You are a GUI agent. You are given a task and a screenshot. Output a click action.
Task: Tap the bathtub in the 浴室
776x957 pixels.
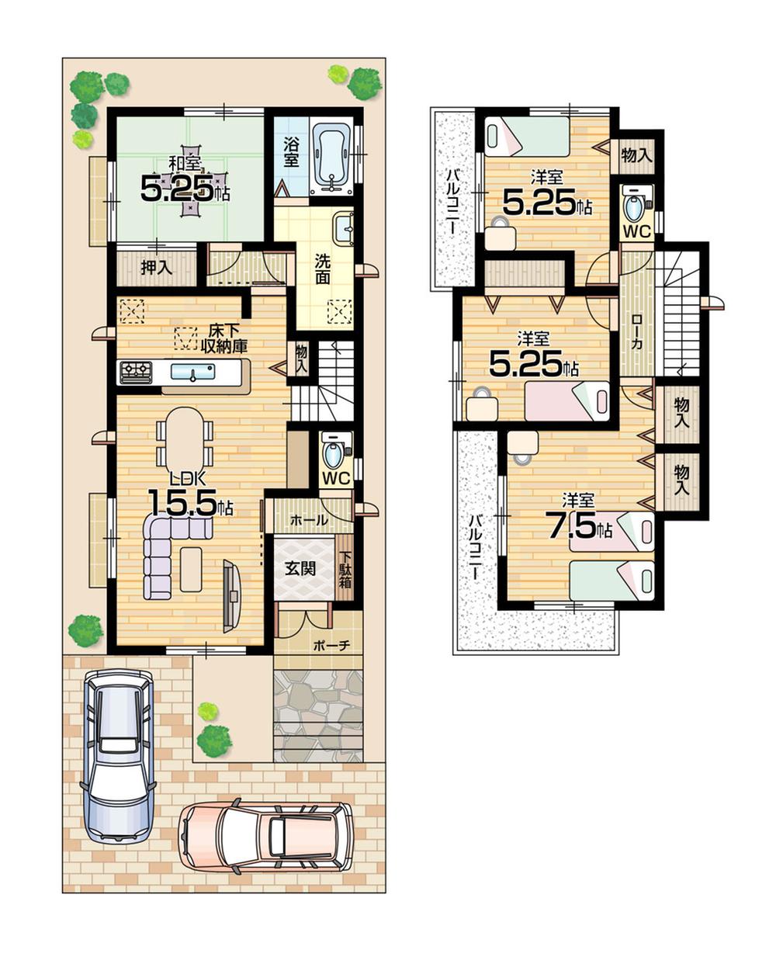tap(332, 159)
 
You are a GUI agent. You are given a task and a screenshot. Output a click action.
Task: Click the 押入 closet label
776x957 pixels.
tap(156, 267)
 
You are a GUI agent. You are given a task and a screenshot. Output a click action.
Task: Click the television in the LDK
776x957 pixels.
tap(231, 595)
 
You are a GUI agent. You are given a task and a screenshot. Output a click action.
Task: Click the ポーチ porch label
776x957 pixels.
tap(332, 644)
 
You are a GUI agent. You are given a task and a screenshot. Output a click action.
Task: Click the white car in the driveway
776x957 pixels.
tap(119, 753)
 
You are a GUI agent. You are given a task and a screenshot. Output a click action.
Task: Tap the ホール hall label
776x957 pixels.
tap(309, 521)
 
